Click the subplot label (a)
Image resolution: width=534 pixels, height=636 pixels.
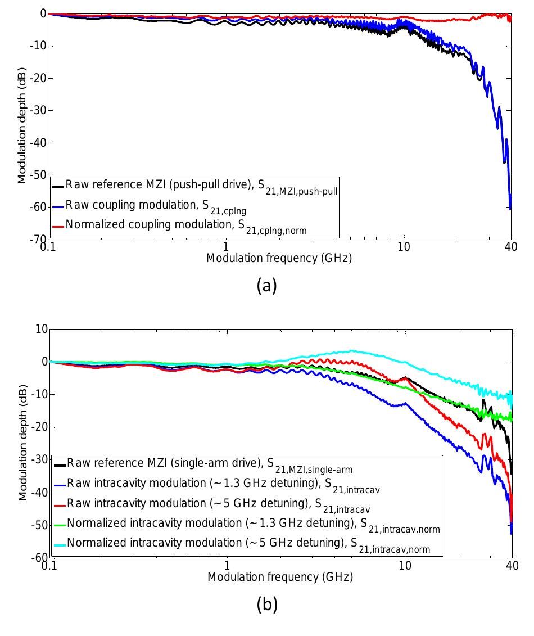click(266, 286)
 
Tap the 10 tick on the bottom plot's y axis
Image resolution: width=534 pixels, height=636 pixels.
click(40, 329)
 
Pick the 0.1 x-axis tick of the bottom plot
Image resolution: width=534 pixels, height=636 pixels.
click(50, 565)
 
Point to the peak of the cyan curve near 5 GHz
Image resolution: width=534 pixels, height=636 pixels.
click(351, 351)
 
